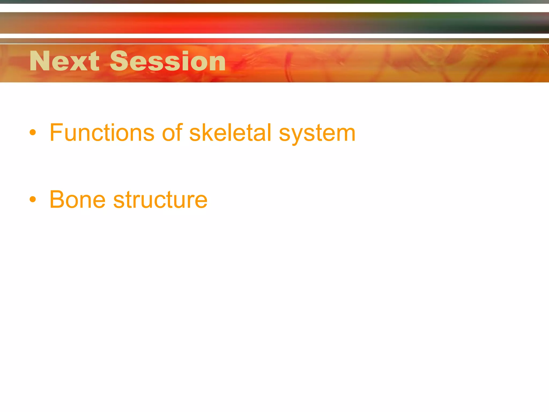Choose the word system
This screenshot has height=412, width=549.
point(317,134)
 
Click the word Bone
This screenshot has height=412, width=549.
point(77,200)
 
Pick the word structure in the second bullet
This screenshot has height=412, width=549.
point(160,200)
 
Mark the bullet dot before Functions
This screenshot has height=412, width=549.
point(33,132)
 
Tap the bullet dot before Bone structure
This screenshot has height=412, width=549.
point(33,199)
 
